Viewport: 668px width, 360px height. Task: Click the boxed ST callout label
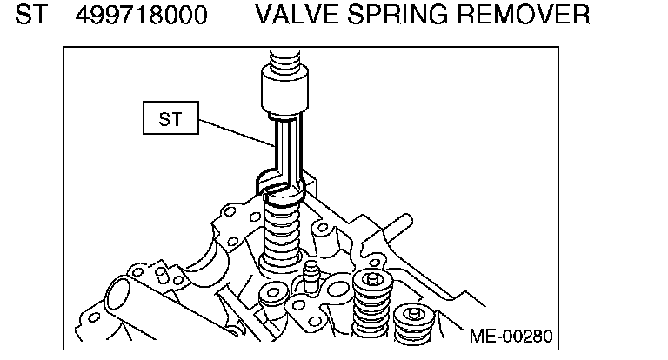point(170,120)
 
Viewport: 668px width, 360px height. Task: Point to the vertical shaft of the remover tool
point(284,148)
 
